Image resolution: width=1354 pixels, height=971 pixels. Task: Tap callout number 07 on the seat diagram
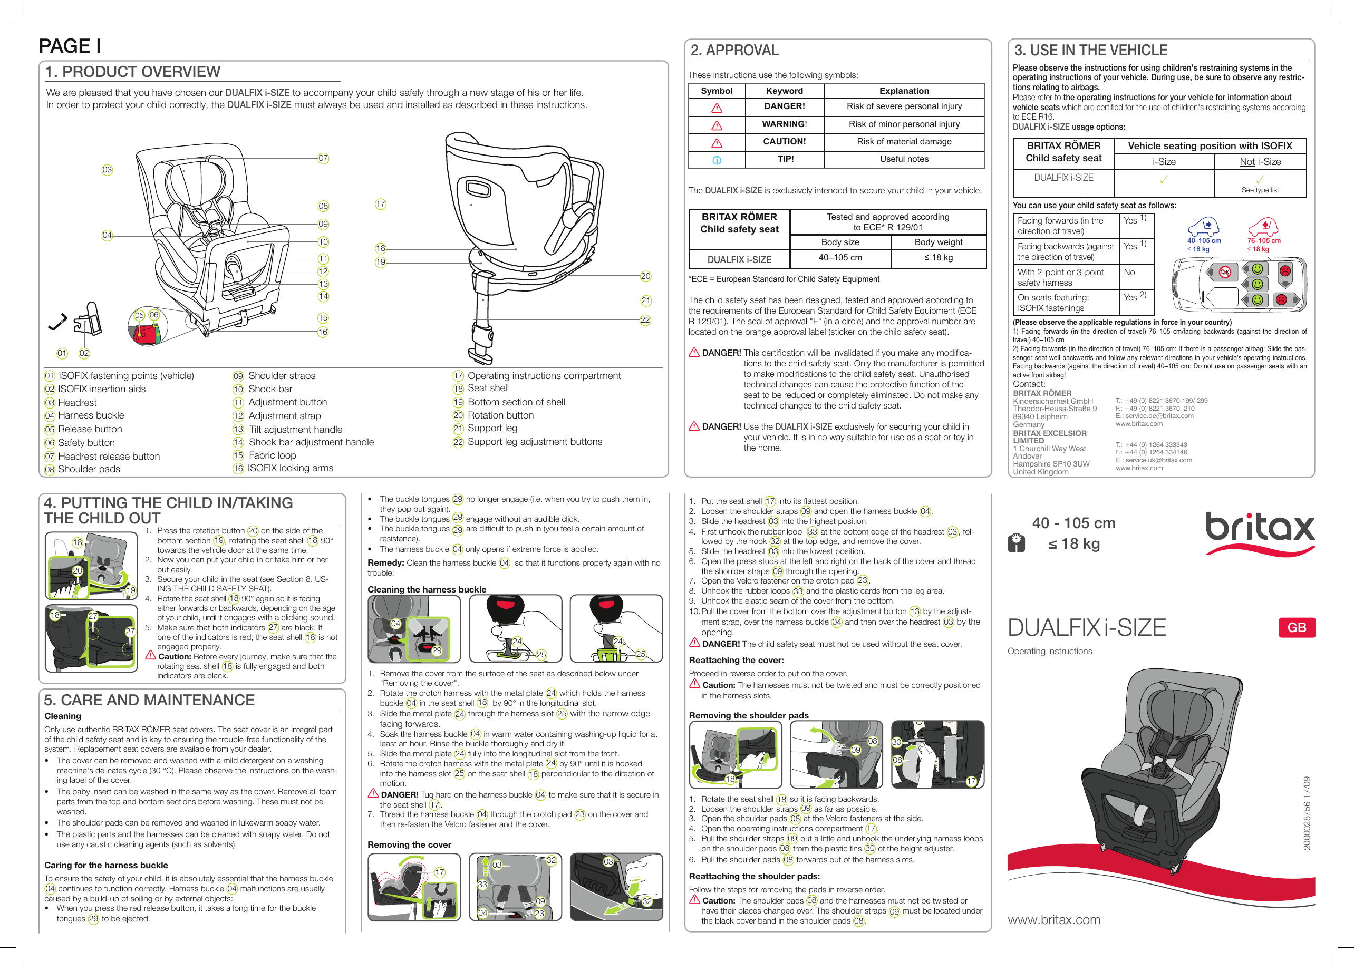coord(323,158)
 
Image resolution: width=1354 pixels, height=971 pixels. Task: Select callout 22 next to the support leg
coord(645,320)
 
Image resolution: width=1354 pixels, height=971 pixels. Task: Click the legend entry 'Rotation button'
coord(500,415)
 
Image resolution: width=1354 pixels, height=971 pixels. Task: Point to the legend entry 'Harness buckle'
coord(91,415)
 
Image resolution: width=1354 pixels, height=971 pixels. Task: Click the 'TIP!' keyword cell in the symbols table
coord(785,159)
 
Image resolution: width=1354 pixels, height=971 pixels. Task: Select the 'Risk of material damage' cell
coord(904,142)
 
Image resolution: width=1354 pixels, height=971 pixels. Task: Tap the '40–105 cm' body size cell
coord(840,258)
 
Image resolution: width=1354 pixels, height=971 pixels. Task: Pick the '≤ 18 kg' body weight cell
coord(938,258)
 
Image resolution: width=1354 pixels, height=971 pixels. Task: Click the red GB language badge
coord(1296,627)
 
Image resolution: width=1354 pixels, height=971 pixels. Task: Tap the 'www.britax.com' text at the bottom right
coord(1053,920)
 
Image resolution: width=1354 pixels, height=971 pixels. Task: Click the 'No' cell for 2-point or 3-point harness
coord(1129,272)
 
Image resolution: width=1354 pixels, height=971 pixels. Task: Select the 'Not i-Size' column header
coord(1260,162)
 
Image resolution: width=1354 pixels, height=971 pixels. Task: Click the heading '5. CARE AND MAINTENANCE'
coord(149,700)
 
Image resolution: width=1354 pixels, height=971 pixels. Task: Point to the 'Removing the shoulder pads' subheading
coord(749,715)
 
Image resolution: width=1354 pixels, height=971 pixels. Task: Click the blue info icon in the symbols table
coord(717,160)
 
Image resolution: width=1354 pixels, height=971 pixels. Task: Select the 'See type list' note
coord(1260,190)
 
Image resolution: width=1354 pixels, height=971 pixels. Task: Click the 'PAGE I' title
coord(70,46)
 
